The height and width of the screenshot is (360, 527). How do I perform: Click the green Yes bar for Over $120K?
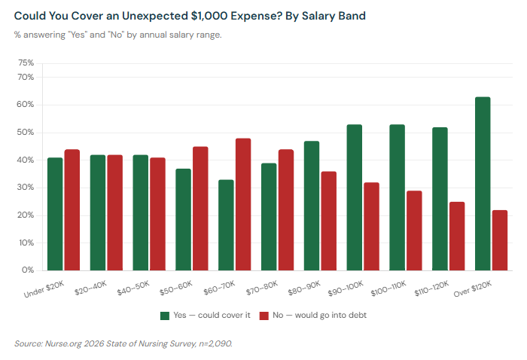point(483,184)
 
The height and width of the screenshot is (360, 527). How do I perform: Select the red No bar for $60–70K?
point(243,204)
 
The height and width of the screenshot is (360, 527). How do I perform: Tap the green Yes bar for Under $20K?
point(55,214)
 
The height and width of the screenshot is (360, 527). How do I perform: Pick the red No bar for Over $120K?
point(500,240)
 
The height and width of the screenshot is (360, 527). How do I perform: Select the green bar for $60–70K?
point(226,225)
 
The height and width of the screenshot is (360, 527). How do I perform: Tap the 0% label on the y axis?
point(28,270)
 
